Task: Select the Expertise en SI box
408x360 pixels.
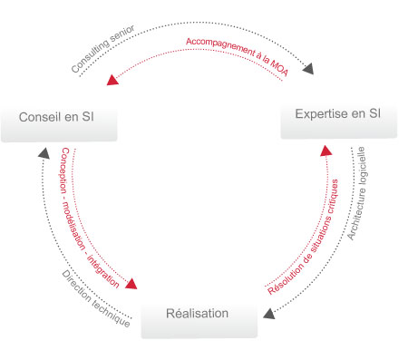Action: pyautogui.click(x=339, y=115)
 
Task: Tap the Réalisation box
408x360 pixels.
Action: pyautogui.click(x=198, y=315)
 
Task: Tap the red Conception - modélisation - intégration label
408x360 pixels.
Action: pyautogui.click(x=90, y=219)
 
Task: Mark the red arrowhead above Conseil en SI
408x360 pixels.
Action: pyautogui.click(x=112, y=80)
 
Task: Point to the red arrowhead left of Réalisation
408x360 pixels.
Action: pyautogui.click(x=131, y=284)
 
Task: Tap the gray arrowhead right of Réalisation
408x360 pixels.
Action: pyautogui.click(x=268, y=314)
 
